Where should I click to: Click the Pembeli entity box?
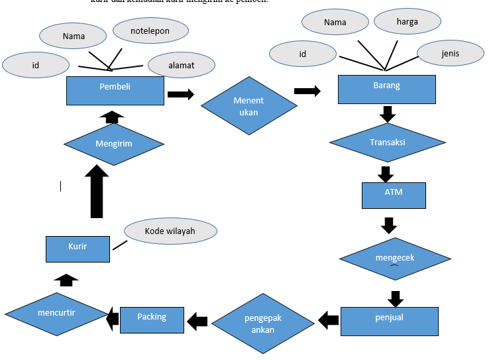[115, 90]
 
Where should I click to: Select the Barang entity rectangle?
[387, 89]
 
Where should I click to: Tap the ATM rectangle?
[394, 195]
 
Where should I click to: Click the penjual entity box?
[390, 321]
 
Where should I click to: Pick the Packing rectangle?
[152, 320]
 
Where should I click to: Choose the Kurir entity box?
[78, 248]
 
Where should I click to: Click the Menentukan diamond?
[248, 106]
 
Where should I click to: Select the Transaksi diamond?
[387, 143]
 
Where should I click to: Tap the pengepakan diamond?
[263, 323]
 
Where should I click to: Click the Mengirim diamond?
[113, 143]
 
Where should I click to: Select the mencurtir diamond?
[56, 313]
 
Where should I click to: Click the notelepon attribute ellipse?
[150, 30]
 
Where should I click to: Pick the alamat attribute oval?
[181, 65]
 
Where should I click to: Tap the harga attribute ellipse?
[407, 21]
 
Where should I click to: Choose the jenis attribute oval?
[451, 53]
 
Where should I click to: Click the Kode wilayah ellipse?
[170, 231]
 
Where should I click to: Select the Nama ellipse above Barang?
[335, 22]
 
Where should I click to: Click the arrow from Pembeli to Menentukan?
[181, 94]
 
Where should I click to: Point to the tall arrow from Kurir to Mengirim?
[97, 192]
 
